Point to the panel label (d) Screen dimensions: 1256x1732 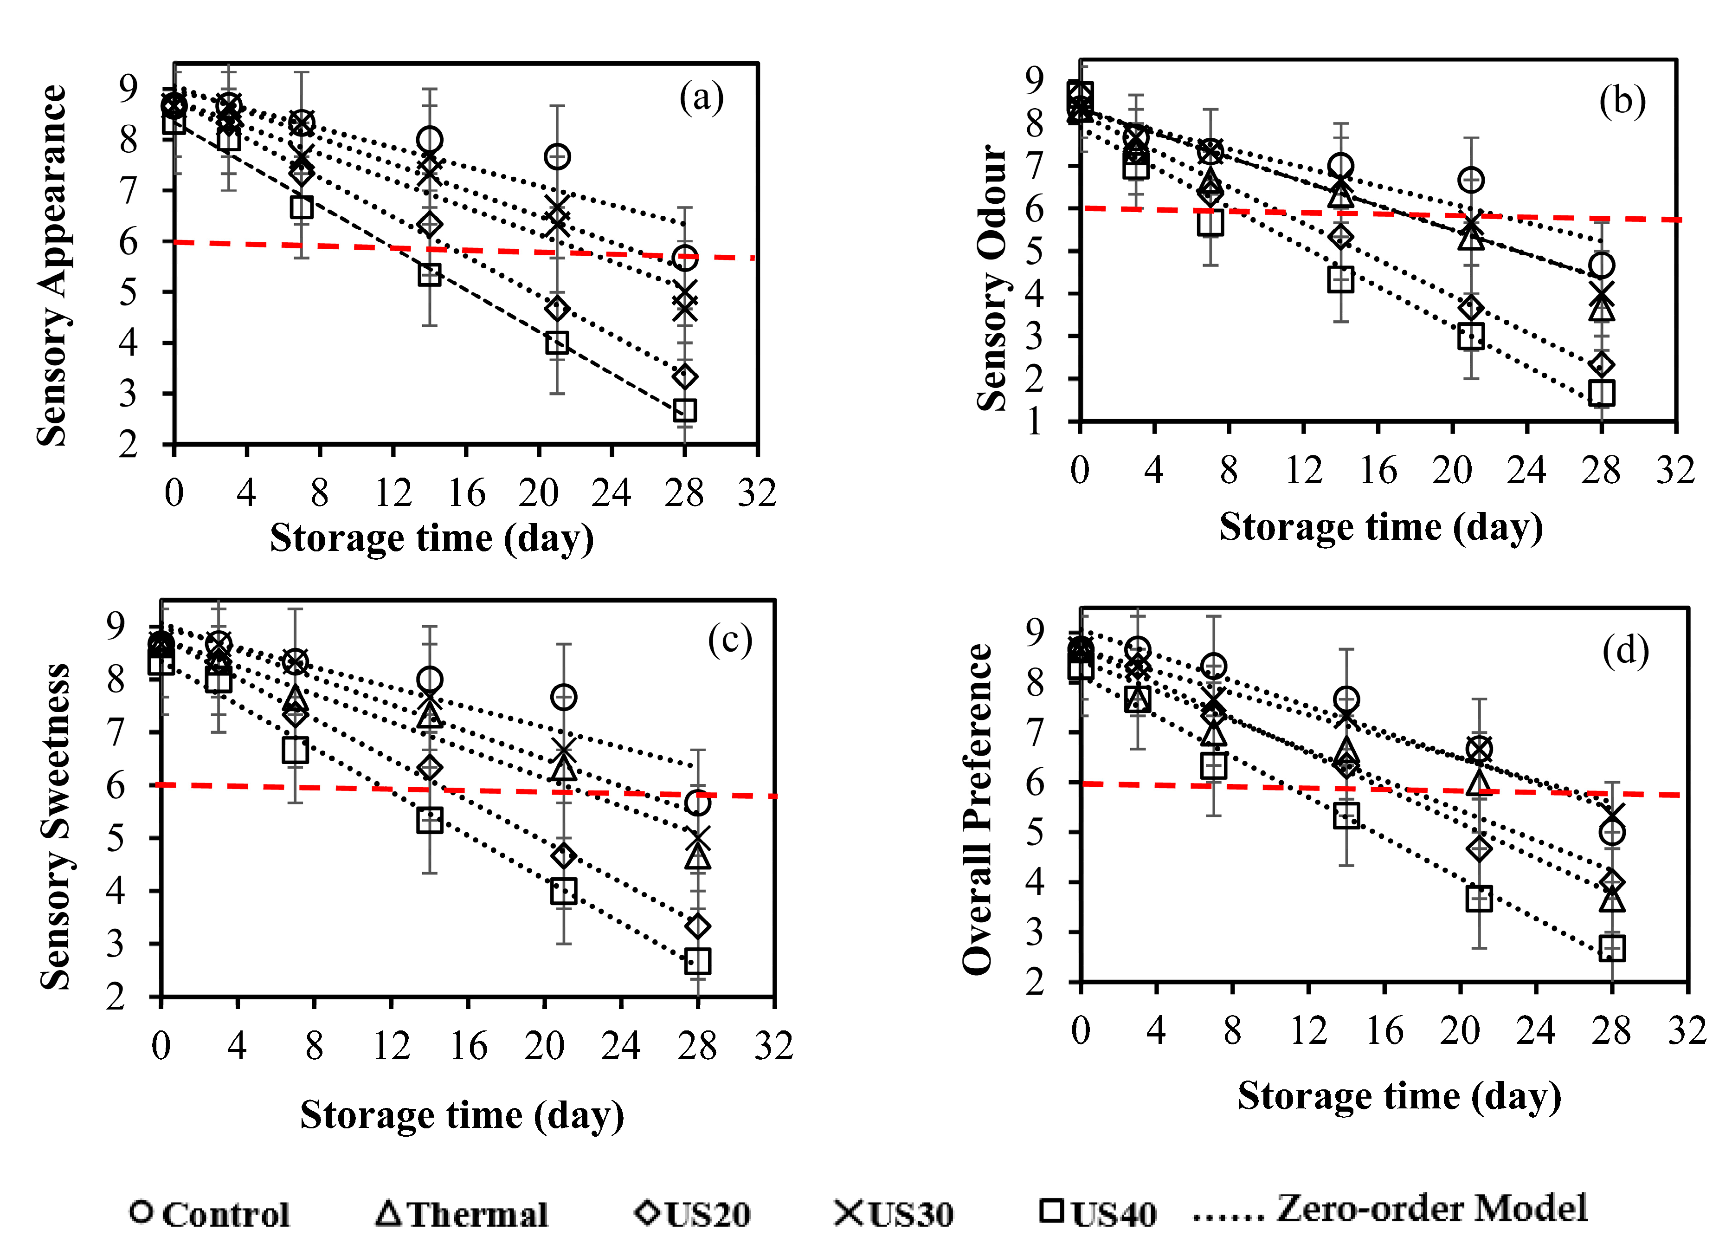(x=1625, y=650)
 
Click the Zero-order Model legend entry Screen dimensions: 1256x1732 (x=1390, y=1210)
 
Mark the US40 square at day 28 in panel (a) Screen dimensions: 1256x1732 (x=685, y=410)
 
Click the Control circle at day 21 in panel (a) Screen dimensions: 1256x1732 (x=558, y=156)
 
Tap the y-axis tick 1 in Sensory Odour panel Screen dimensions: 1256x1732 (x=1034, y=422)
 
